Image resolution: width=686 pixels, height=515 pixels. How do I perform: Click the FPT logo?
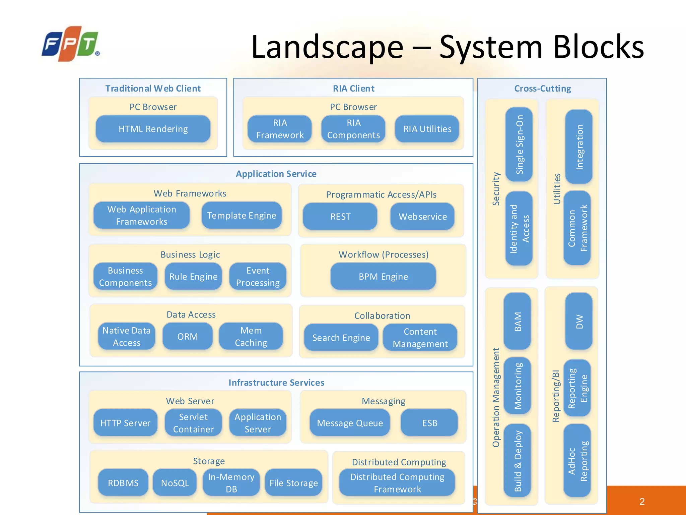point(71,44)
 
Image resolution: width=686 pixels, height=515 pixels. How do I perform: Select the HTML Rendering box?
point(153,129)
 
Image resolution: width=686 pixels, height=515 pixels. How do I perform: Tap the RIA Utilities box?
point(427,129)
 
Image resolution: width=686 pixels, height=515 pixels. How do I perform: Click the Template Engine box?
point(242,216)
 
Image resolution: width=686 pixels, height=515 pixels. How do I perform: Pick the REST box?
point(340,217)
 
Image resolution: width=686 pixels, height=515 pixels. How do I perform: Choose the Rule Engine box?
point(193,277)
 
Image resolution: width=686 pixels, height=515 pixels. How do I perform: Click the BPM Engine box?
point(383,277)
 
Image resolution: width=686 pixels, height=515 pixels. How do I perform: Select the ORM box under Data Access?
point(188,337)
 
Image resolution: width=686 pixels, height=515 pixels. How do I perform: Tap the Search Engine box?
point(341,338)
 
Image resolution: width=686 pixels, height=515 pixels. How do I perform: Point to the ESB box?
point(429,423)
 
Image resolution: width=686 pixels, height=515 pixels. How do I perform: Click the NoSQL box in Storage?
point(175,483)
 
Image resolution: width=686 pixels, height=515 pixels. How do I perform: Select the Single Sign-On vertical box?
point(519,145)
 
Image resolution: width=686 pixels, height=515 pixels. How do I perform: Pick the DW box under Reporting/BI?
point(579,321)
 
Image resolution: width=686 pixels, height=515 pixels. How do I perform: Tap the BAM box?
point(518,321)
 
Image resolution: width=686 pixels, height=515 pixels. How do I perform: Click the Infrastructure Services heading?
point(276,383)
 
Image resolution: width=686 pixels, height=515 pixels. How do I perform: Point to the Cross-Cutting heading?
point(542,89)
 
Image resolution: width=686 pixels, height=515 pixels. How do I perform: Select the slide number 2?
point(642,502)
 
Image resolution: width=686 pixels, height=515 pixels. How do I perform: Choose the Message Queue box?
point(350,423)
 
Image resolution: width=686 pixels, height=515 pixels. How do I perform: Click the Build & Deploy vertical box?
point(518,461)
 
